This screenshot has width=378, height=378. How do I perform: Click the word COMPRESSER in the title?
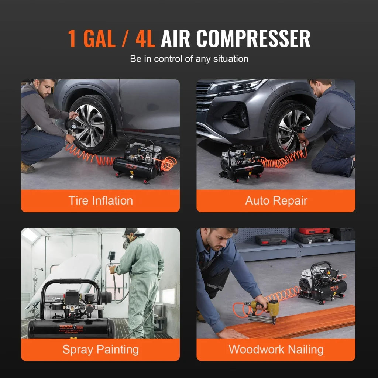(x=253, y=38)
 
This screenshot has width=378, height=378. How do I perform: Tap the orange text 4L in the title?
(x=145, y=38)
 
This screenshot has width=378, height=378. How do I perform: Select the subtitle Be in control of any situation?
(x=189, y=59)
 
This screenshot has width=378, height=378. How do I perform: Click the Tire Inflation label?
(x=100, y=201)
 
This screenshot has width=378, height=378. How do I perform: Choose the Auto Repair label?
(x=276, y=201)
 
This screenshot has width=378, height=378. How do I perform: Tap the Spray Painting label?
(x=100, y=350)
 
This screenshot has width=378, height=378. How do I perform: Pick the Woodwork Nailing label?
(x=276, y=350)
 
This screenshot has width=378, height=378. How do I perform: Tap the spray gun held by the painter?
(x=111, y=257)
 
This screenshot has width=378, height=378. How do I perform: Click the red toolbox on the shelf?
(x=314, y=231)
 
